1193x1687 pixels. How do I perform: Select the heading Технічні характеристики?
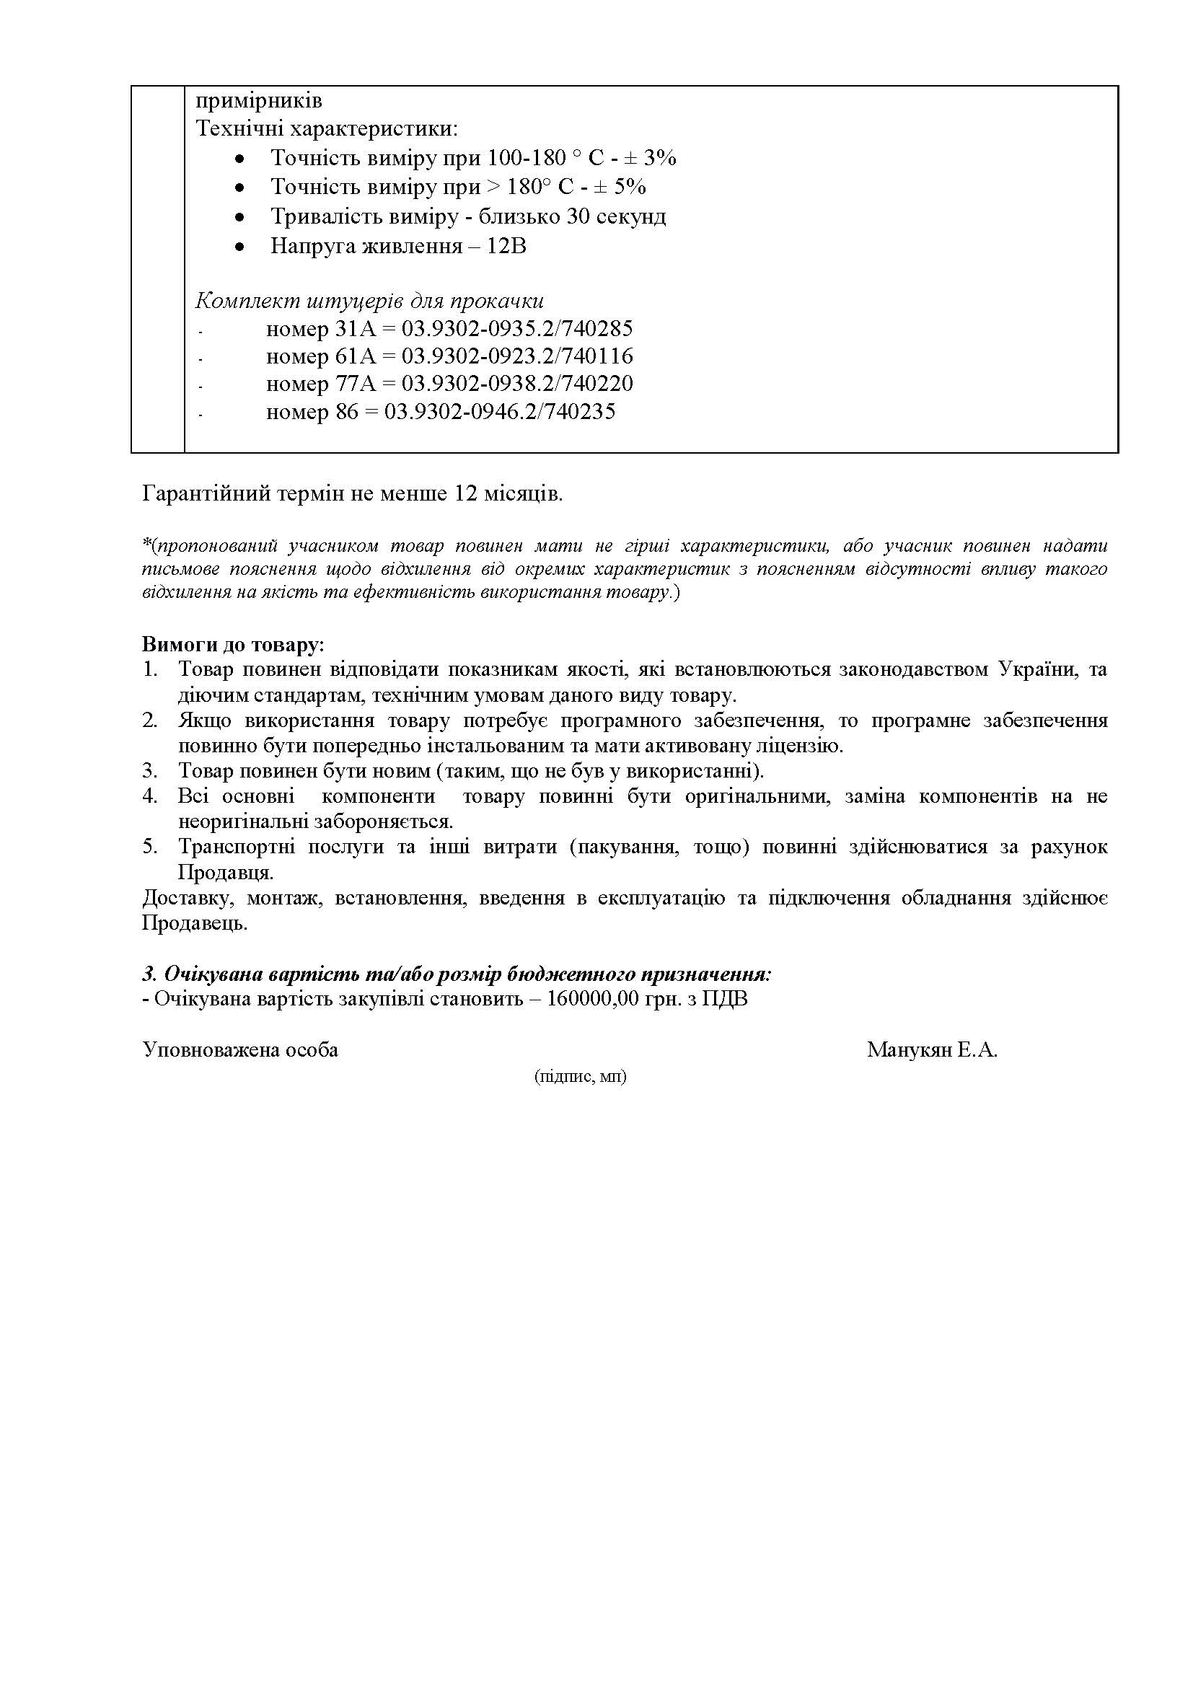pyautogui.click(x=327, y=129)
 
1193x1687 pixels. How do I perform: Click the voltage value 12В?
pyautogui.click(x=507, y=246)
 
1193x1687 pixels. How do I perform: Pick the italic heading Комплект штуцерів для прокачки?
pyautogui.click(x=369, y=301)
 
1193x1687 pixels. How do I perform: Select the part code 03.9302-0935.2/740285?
pyautogui.click(x=517, y=328)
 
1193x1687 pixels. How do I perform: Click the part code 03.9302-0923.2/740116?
pyautogui.click(x=517, y=356)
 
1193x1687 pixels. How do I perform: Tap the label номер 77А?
pyautogui.click(x=321, y=384)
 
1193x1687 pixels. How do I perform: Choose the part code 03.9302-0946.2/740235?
pyautogui.click(x=501, y=411)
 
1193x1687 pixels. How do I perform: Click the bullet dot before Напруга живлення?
pyautogui.click(x=239, y=247)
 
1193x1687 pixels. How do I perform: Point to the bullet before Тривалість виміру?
pyautogui.click(x=239, y=218)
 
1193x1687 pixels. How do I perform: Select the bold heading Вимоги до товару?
pyautogui.click(x=233, y=645)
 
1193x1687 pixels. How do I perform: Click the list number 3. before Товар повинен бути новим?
pyautogui.click(x=150, y=772)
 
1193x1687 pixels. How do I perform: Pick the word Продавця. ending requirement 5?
pyautogui.click(x=226, y=873)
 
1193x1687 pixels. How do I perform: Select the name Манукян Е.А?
pyautogui.click(x=931, y=1050)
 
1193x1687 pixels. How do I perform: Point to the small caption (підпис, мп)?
pyautogui.click(x=581, y=1077)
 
